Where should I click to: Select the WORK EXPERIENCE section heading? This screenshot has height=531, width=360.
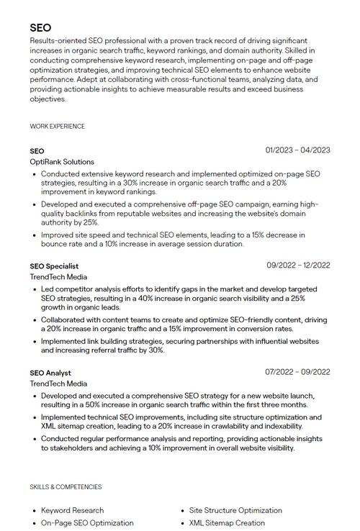pos(57,127)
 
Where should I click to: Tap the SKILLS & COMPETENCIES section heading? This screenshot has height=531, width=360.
pos(66,487)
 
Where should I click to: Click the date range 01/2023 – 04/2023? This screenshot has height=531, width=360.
pos(297,150)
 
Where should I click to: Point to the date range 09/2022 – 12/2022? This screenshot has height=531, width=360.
pos(298,265)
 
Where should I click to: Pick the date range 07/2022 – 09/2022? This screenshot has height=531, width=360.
pos(297,372)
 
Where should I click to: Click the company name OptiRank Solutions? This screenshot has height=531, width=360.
pos(62,163)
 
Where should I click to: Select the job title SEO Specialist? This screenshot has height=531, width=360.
pos(54,266)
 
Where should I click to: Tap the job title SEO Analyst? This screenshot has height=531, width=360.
pos(50,373)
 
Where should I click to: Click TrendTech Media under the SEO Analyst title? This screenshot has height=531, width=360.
pos(58,384)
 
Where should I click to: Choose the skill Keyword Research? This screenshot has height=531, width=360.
pos(72,510)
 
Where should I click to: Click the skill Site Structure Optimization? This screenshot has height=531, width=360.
pos(235,510)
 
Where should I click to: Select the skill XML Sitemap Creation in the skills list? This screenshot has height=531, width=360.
pos(227,523)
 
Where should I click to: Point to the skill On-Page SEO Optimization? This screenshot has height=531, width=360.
pos(87,523)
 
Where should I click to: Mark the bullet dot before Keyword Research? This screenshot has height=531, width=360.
pos(35,511)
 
